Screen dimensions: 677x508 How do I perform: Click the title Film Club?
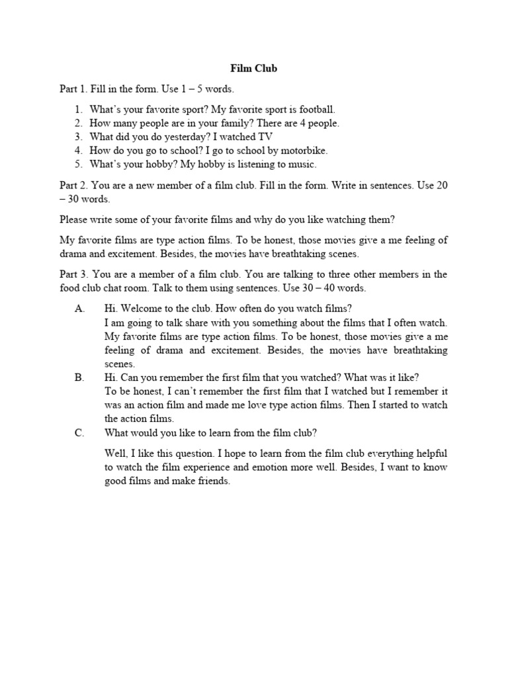coord(254,67)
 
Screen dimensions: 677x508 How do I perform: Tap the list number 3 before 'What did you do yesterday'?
coord(78,137)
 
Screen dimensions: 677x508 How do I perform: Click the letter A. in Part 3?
coord(80,309)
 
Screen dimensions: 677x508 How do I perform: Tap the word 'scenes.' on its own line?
coord(120,364)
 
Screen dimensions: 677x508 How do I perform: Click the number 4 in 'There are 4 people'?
coord(297,124)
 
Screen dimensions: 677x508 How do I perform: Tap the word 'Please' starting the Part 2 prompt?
coord(74,219)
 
